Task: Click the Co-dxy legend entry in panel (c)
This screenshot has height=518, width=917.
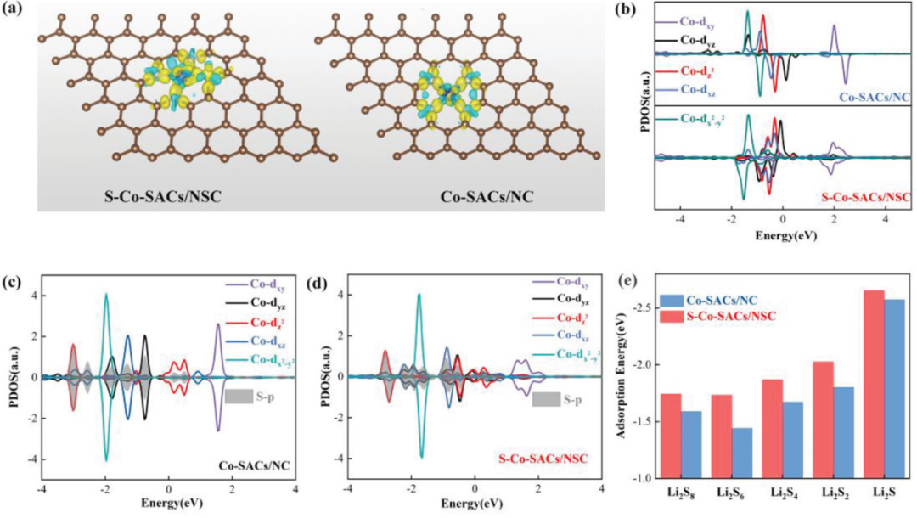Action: click(x=255, y=284)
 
